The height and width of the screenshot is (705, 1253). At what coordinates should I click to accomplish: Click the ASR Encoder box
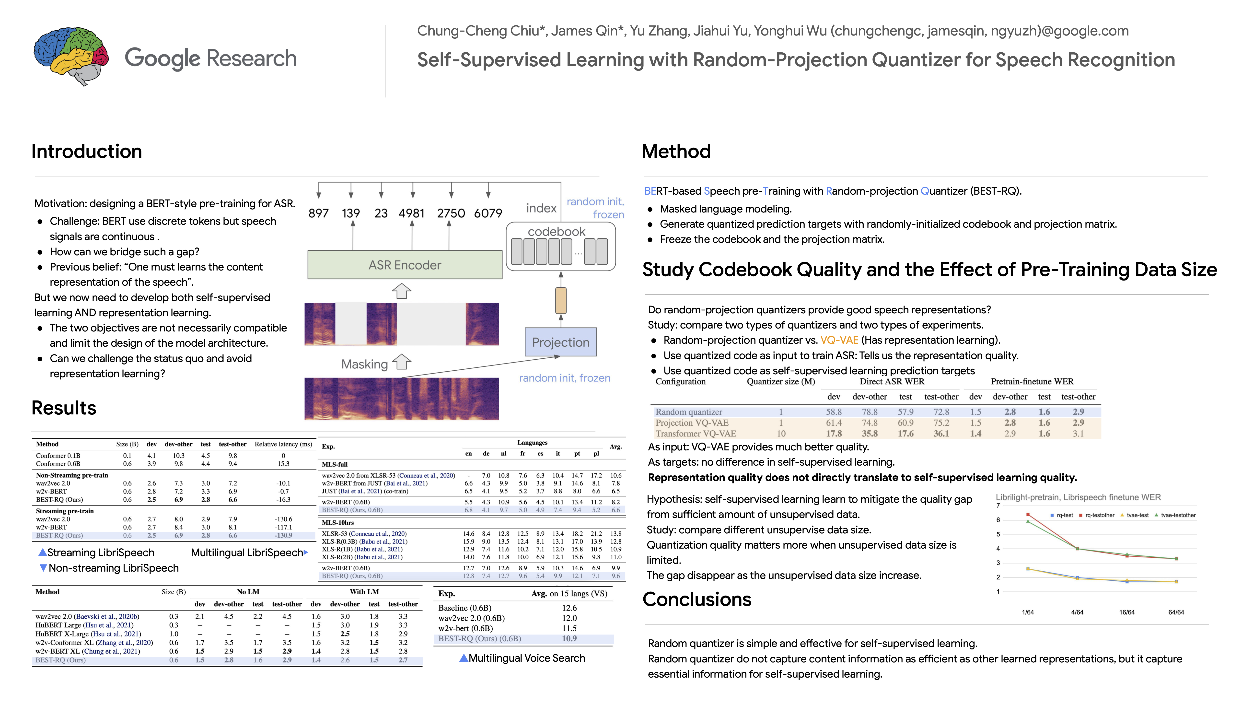click(x=405, y=265)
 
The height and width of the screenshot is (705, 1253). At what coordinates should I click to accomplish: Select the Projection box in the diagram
click(x=560, y=342)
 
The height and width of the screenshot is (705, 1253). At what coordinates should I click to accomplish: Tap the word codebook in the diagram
click(x=557, y=232)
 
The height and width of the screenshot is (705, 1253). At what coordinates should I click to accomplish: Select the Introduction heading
click(x=87, y=151)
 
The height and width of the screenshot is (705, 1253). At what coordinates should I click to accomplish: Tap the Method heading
click(x=676, y=151)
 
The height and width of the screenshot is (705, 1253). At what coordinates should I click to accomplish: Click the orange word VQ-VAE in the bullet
click(x=839, y=340)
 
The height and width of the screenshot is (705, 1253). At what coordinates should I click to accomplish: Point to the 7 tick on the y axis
click(x=998, y=505)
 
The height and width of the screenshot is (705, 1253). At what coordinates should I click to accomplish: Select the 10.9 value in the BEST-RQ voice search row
click(x=569, y=638)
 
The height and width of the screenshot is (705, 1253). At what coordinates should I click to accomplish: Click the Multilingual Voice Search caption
click(x=526, y=658)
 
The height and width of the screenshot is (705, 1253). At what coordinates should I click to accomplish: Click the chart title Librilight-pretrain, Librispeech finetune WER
click(x=1078, y=497)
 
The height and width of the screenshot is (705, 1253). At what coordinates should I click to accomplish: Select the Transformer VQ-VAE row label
click(x=696, y=434)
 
